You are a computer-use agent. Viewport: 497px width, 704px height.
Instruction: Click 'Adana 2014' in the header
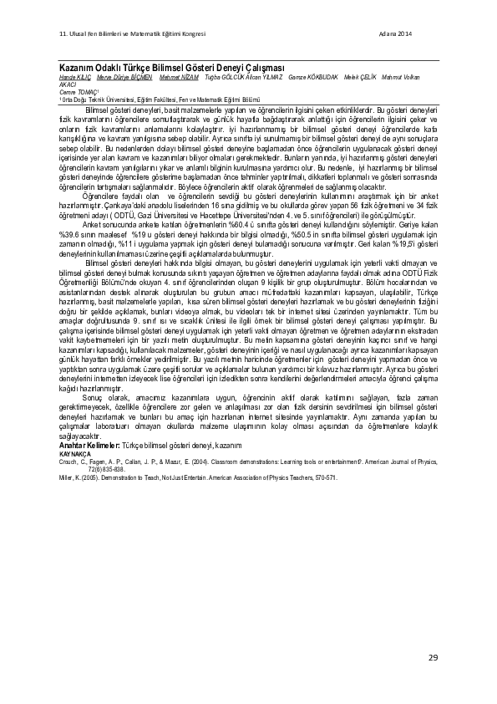(x=395, y=33)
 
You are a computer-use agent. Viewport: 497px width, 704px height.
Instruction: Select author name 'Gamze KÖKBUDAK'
(x=313, y=77)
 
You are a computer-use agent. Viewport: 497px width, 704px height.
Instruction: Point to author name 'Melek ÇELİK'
(x=360, y=77)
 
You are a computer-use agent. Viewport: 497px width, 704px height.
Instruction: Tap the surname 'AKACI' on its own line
(x=68, y=84)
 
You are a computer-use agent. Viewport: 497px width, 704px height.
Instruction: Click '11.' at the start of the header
(x=63, y=33)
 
